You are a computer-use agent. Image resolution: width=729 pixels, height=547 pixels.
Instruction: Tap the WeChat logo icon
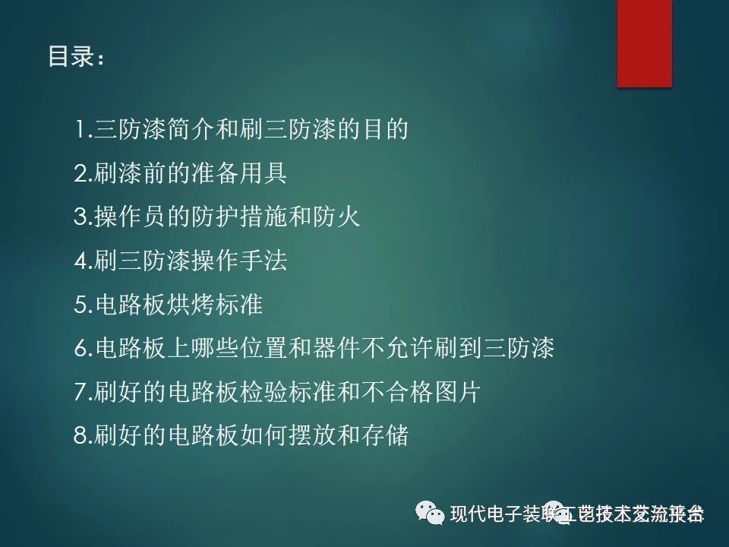(x=431, y=514)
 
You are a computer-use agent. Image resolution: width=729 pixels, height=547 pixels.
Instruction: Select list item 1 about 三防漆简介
(x=241, y=130)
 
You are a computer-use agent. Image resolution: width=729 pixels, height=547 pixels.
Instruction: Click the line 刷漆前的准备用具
(x=180, y=174)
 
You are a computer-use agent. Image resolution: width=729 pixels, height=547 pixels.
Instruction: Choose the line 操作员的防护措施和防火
(x=216, y=217)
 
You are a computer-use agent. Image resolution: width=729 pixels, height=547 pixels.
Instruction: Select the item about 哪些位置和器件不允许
(x=314, y=349)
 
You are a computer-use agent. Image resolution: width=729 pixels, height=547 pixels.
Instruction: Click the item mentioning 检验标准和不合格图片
(x=277, y=393)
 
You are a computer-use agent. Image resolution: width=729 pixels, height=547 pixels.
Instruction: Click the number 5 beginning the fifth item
(x=81, y=305)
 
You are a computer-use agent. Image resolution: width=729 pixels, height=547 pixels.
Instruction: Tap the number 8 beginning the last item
(x=81, y=437)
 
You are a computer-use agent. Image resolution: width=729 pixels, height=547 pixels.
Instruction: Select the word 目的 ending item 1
(x=387, y=130)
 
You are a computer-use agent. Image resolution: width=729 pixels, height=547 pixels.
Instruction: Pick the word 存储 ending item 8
(x=387, y=436)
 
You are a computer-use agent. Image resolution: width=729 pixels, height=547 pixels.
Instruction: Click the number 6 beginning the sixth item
(x=81, y=349)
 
